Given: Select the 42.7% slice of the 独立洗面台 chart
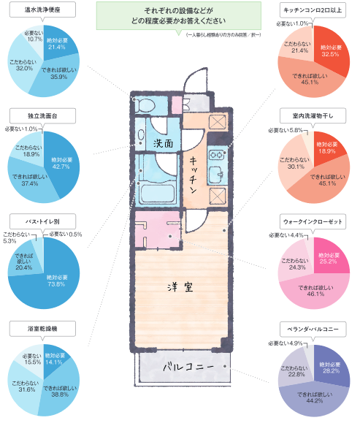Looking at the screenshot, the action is pos(62,163).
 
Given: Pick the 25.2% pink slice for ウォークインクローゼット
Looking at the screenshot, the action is pos(329,258).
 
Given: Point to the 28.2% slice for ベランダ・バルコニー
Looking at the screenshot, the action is pos(331,367).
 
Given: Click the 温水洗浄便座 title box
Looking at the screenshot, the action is pos(42,10).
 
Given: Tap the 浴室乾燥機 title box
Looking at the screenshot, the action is pos(42,329).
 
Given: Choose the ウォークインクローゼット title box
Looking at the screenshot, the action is pos(313,222).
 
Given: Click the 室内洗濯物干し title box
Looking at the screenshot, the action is pos(313,116).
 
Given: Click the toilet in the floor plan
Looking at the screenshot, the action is pos(145,105).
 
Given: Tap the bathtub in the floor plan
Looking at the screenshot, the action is pos(158,194).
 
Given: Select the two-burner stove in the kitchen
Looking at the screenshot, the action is pos(218,155).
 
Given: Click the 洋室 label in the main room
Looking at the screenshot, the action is pos(180,287).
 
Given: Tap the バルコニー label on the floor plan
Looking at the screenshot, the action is pos(188,367).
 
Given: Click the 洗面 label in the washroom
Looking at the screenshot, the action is pos(164,143).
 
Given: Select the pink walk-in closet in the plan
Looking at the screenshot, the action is pos(158,229).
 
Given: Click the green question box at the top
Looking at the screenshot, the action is pos(179,16).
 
